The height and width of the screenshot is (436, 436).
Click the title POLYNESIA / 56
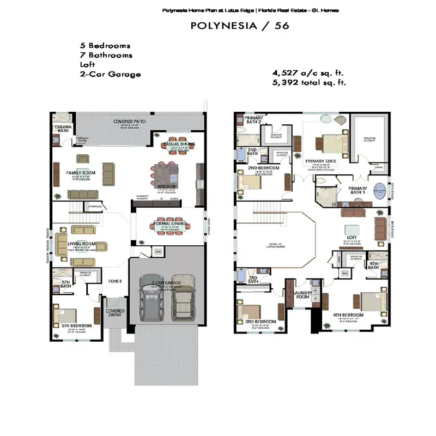[240, 25]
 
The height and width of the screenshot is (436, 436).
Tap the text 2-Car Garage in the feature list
[110, 74]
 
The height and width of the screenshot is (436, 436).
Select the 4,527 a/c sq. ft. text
[308, 73]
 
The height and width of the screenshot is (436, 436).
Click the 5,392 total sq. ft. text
[309, 83]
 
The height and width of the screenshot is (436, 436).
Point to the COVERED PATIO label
[129, 121]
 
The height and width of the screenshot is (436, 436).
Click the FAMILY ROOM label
[81, 173]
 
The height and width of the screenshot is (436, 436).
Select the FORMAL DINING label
[171, 224]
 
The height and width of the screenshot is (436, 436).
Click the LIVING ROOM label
[81, 244]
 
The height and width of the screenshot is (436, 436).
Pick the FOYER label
[114, 281]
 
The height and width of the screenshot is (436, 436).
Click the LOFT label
[352, 238]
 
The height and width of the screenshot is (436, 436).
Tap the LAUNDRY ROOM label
[302, 295]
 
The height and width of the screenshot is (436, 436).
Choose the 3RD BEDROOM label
[260, 322]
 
